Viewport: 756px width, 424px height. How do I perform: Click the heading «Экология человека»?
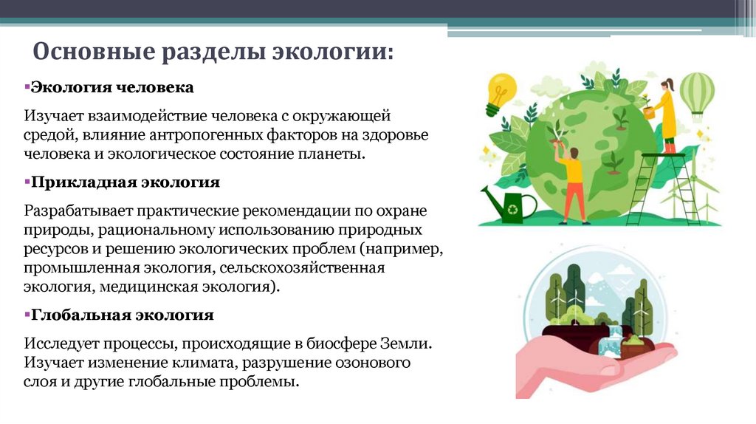point(111,88)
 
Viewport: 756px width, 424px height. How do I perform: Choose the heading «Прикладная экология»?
point(125,182)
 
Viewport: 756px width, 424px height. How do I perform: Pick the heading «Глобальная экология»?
point(123,315)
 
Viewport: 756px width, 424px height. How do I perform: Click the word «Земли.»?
point(405,344)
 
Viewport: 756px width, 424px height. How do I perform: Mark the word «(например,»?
point(405,248)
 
